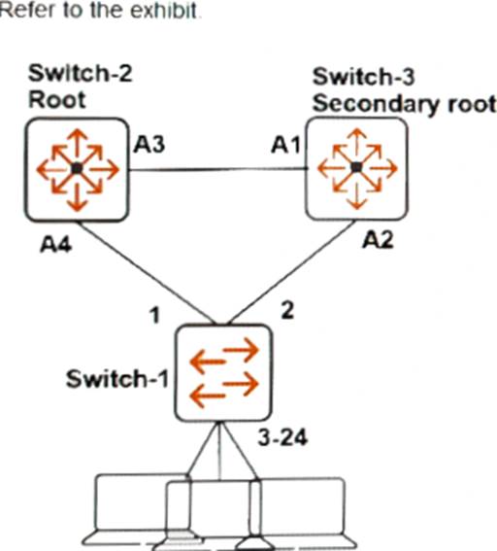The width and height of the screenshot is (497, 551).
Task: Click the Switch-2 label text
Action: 80,74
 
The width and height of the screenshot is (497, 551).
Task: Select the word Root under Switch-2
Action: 57,100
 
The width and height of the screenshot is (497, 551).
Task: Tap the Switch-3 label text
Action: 363,77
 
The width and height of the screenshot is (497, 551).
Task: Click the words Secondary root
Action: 405,105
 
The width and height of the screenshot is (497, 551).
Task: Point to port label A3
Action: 149,144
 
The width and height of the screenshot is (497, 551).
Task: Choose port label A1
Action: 285,145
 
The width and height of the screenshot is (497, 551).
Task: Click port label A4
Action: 56,244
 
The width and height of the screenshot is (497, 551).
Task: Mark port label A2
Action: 378,241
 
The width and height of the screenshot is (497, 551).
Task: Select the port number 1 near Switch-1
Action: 154,315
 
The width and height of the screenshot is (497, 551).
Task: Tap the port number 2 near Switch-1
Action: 287,311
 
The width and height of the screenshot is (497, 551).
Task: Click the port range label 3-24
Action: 282,438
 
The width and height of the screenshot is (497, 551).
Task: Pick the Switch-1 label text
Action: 117,379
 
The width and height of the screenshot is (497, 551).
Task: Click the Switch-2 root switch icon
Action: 77,170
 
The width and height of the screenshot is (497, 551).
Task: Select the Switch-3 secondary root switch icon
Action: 356,168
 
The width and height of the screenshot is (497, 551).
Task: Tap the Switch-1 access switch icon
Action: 223,372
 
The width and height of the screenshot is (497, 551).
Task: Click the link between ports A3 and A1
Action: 217,169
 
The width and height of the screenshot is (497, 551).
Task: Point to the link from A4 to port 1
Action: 146,272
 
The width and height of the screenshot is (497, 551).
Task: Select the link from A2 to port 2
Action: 291,272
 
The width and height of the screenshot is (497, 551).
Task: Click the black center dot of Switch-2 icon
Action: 77,169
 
